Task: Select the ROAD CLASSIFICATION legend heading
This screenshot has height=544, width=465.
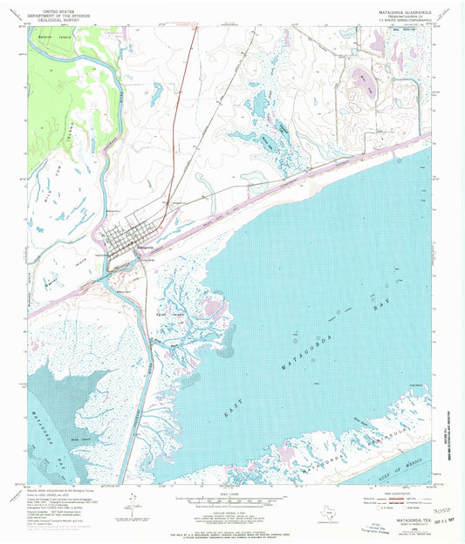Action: click(x=391, y=491)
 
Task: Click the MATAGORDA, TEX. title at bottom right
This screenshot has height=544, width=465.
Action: click(x=406, y=525)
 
